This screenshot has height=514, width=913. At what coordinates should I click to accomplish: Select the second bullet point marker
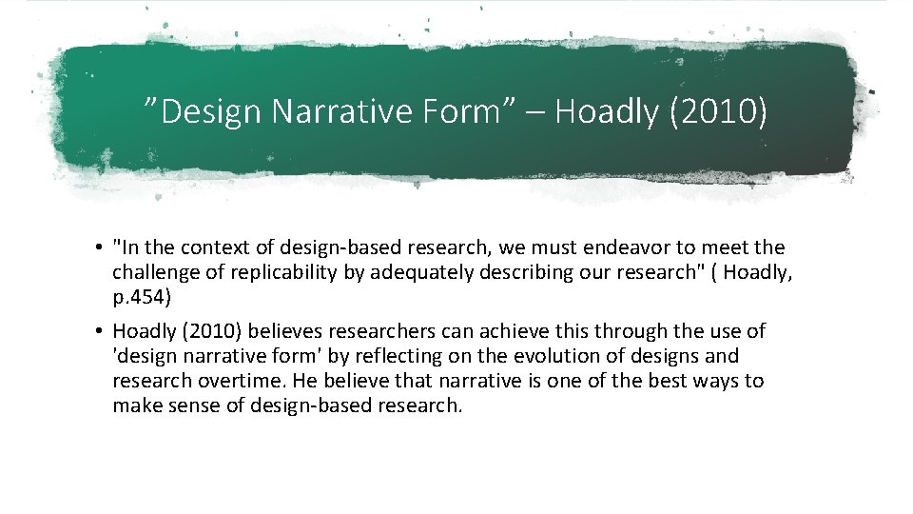99,332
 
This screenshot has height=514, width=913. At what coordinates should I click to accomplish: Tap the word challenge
153,273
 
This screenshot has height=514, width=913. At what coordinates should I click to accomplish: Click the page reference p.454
139,297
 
